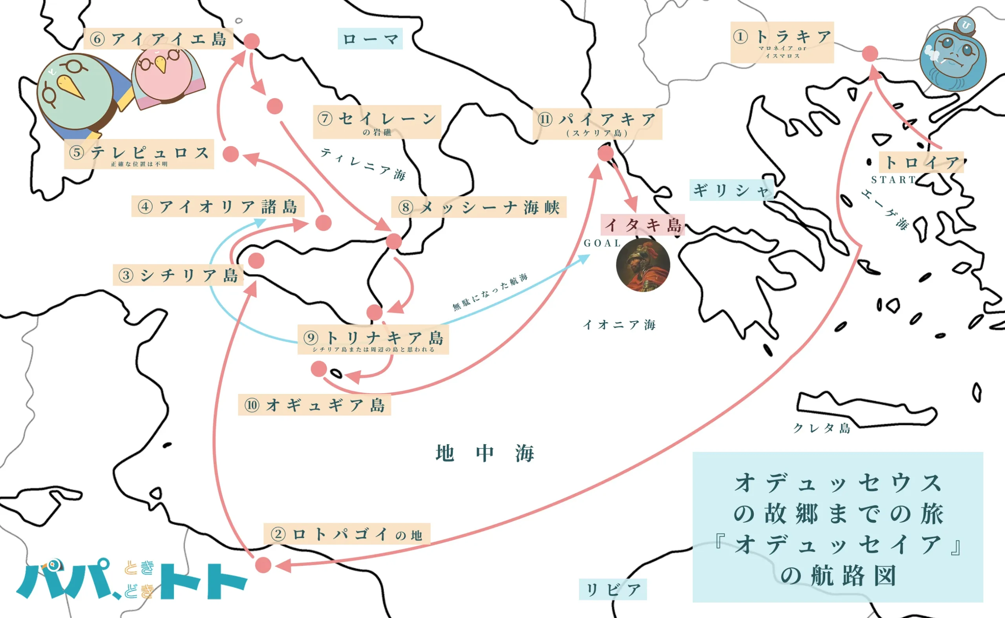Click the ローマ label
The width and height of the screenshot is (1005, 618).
370,39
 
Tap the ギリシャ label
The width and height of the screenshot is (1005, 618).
731,190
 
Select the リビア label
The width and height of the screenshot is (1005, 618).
612,589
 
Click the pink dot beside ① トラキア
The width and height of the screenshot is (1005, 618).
870,53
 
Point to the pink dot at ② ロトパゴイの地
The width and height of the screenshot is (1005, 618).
263,565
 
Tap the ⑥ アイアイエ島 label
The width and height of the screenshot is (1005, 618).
158,39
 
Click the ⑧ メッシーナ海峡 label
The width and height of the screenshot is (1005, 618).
479,207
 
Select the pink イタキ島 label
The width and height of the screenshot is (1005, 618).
642,225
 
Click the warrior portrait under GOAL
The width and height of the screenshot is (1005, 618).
643,265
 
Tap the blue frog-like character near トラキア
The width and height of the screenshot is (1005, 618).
953,57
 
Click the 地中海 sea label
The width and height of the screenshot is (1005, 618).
485,453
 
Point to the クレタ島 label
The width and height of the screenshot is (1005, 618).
822,428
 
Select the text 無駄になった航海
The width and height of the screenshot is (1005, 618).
490,292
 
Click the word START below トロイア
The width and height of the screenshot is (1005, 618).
894,180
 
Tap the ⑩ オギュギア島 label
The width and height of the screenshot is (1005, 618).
314,405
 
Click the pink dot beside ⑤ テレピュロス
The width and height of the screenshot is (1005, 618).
230,154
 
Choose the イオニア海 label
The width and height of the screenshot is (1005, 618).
619,324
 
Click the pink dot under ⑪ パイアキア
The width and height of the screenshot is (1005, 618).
605,153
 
